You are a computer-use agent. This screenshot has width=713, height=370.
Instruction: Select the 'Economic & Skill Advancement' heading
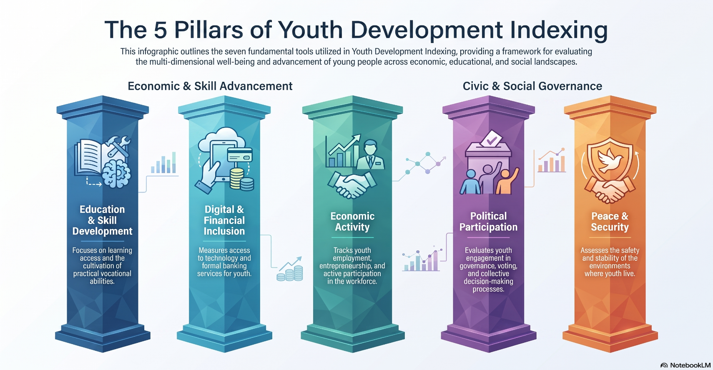[210, 86]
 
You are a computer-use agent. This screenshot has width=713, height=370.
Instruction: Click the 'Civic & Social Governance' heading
[532, 86]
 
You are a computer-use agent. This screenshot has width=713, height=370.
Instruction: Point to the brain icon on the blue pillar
[116, 173]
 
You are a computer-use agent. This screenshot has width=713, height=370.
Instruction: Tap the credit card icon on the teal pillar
[240, 156]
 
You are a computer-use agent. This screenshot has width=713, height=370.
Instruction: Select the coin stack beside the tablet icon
[242, 179]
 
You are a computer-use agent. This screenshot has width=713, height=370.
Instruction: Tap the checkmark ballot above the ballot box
[491, 138]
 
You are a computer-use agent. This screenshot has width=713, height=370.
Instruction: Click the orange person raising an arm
[507, 181]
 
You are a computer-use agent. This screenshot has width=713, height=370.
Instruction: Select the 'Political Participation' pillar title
[488, 221]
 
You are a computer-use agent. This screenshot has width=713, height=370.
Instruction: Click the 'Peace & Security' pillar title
[610, 221]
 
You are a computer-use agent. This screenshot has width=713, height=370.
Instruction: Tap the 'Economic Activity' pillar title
[352, 221]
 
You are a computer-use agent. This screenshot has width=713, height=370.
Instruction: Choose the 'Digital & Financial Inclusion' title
[224, 220]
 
